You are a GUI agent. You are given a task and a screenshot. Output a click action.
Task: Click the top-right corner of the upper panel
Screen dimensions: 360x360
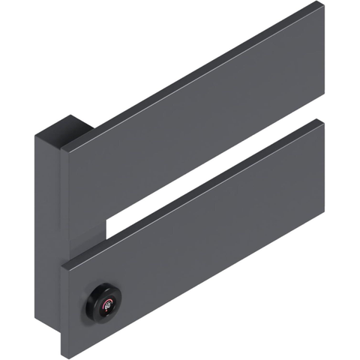pyautogui.click(x=323, y=4)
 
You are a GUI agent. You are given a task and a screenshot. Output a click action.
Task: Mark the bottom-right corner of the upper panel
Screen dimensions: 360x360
pyautogui.click(x=323, y=107)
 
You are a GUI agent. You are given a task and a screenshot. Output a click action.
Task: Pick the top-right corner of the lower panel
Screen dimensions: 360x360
pyautogui.click(x=323, y=121)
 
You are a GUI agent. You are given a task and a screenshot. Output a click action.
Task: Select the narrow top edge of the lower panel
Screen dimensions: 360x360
pyautogui.click(x=195, y=190)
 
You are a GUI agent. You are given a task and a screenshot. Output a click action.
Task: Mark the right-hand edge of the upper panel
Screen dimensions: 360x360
pyautogui.click(x=323, y=56)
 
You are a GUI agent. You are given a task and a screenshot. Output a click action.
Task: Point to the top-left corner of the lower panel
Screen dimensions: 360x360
pyautogui.click(x=63, y=263)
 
